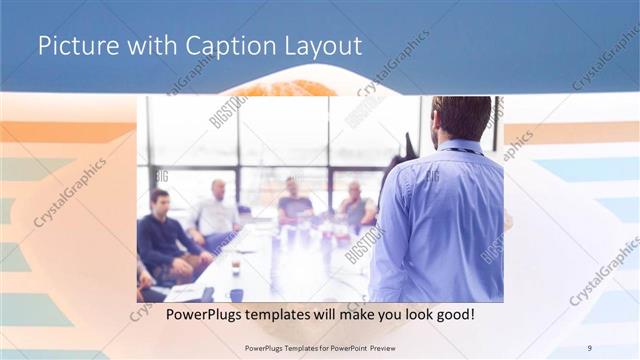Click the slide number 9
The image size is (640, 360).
pos(589,347)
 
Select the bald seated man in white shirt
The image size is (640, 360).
pos(217,213)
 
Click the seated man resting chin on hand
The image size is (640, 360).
pos(355,205)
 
